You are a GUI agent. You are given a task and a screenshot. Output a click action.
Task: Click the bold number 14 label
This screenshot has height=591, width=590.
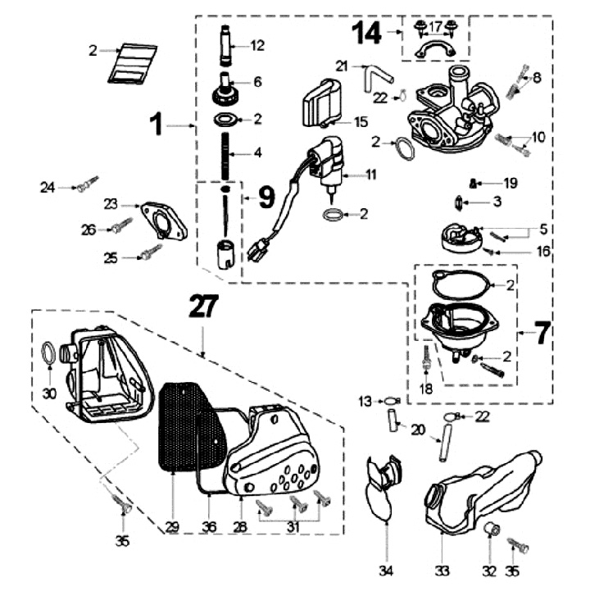coord(367,34)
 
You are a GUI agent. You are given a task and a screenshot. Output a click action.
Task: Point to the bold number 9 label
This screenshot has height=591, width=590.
coord(267,197)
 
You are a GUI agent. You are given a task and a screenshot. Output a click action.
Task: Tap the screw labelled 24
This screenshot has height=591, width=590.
coord(86,185)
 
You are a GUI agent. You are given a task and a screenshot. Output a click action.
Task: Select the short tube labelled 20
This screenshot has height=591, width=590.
coord(392,421)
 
